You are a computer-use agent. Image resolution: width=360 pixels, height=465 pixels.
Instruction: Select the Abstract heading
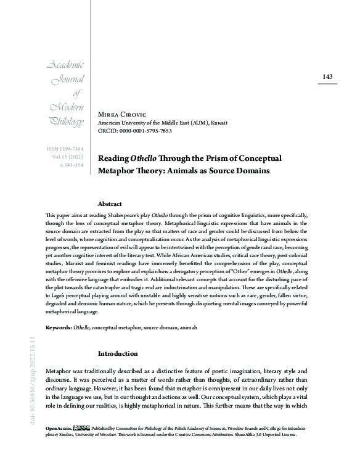click(110, 203)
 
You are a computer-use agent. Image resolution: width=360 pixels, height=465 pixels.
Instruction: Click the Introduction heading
click(119, 354)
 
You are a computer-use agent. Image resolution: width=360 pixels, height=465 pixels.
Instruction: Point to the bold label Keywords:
click(59, 326)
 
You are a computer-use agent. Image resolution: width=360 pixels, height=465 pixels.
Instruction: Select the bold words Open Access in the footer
click(58, 427)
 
